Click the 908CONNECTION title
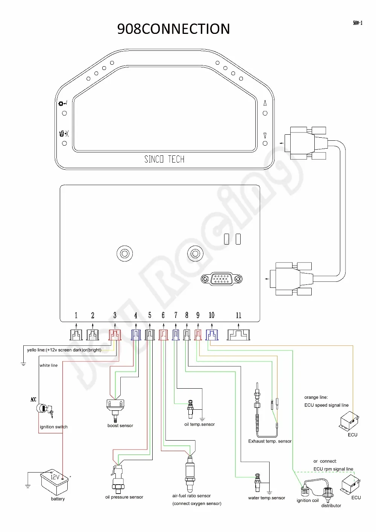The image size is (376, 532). click(x=173, y=29)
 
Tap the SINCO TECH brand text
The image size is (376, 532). click(x=164, y=159)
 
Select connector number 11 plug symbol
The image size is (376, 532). click(x=238, y=335)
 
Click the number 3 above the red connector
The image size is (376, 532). click(x=115, y=315)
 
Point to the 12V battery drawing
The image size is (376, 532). click(x=54, y=482)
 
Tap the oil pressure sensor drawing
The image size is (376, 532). click(x=117, y=479)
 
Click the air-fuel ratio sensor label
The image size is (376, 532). click(x=191, y=496)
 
